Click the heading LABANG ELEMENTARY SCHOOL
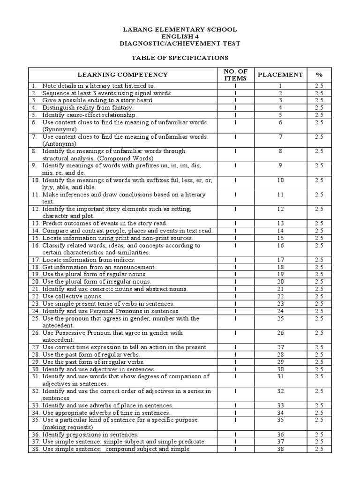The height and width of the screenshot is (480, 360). point(180,30)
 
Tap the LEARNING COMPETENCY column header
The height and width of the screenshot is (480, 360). point(122,75)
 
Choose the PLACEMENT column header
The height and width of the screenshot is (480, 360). point(280,75)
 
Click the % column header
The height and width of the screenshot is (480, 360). point(319,75)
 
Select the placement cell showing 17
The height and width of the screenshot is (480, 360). point(280,260)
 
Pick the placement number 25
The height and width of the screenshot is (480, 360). point(280,319)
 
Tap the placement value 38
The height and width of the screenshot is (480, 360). point(280,449)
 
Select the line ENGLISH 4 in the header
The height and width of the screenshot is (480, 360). point(180,37)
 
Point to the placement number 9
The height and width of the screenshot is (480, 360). point(280,165)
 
